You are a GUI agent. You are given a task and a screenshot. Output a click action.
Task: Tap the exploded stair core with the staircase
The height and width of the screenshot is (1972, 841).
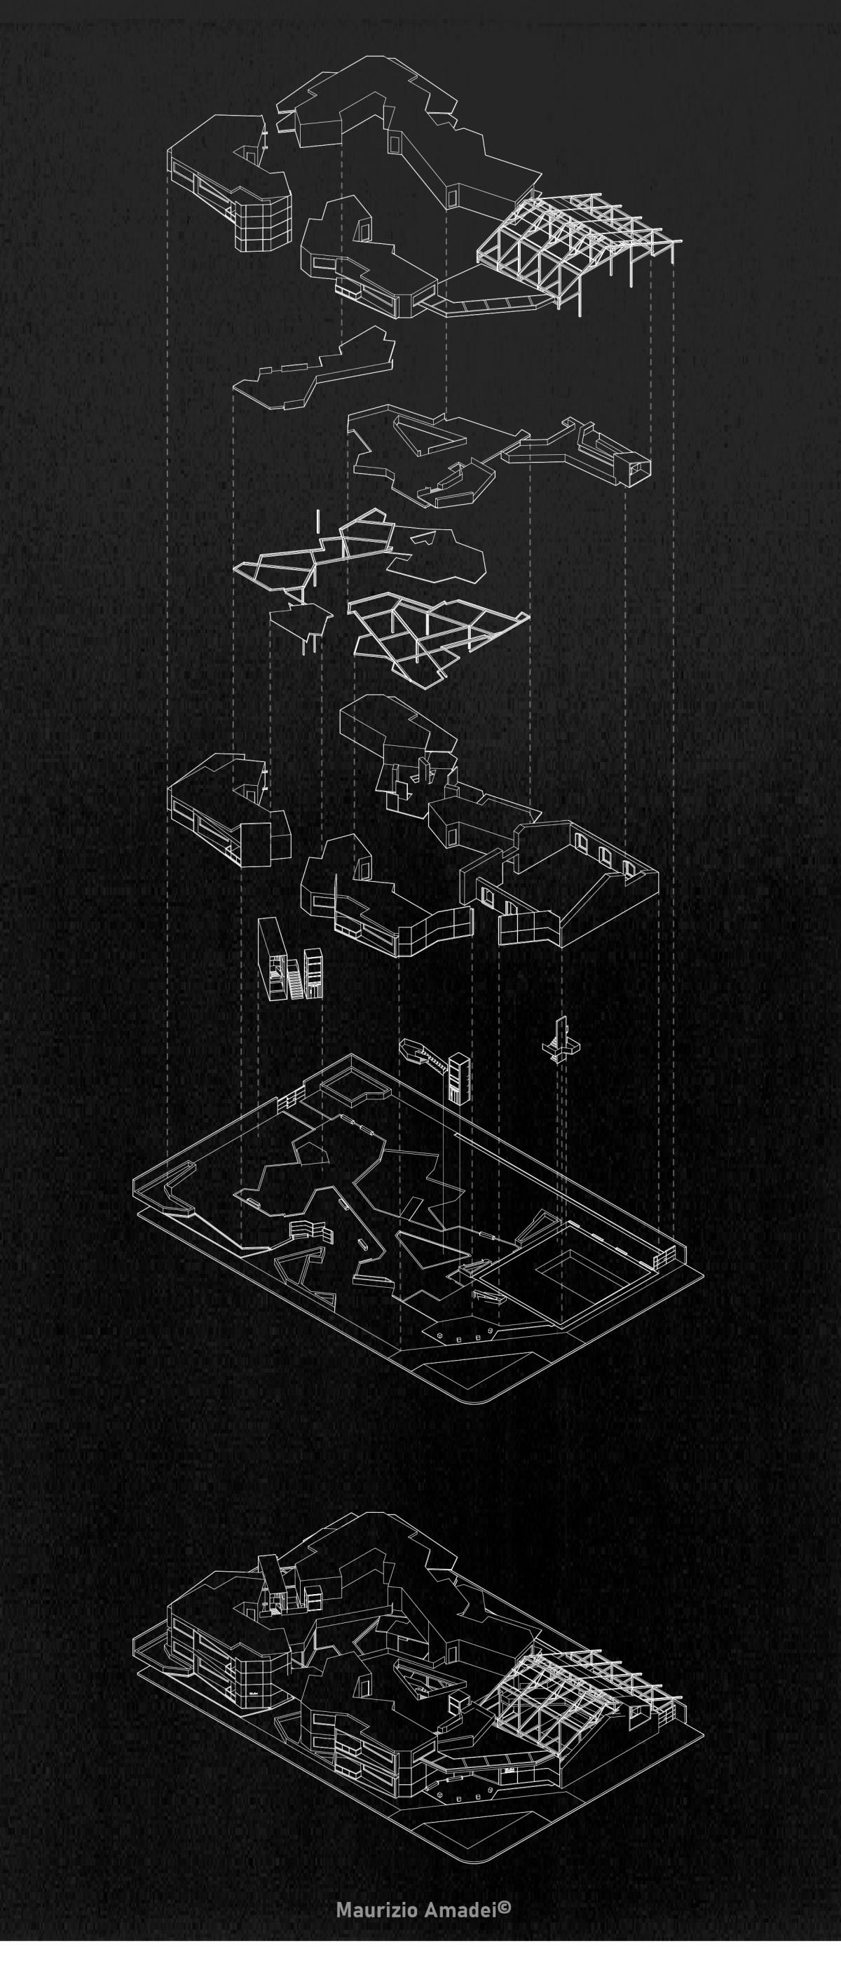[x=289, y=960]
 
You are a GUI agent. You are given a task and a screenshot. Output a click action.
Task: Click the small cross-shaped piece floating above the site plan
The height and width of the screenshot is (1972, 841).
[x=563, y=1040]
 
